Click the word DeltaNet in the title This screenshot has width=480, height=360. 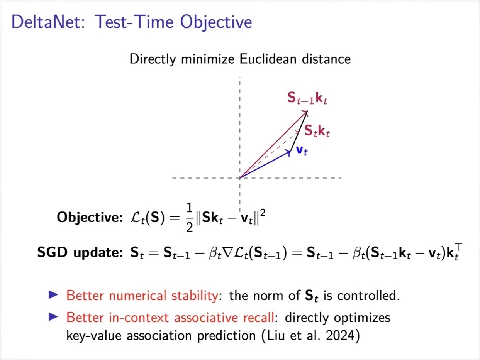click(x=48, y=22)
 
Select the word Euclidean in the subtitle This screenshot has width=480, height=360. click(x=268, y=59)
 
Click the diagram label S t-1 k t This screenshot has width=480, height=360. click(x=307, y=98)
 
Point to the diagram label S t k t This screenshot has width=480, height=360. click(x=317, y=131)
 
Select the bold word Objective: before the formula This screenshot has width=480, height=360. click(x=90, y=218)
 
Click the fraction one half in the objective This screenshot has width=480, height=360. click(x=189, y=218)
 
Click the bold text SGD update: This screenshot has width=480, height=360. click(x=80, y=252)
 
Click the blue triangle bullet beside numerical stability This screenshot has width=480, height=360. click(x=53, y=295)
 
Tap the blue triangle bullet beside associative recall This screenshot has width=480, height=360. click(x=53, y=317)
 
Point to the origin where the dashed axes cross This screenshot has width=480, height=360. click(x=240, y=178)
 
